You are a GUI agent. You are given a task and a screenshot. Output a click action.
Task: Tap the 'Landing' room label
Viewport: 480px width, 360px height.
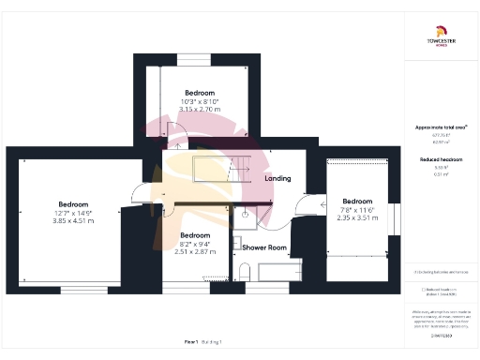pyautogui.click(x=277, y=178)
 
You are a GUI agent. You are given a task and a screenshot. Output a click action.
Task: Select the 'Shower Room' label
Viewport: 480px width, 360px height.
pyautogui.click(x=263, y=247)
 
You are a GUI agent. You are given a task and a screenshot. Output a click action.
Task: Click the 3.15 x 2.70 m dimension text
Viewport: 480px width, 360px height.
pyautogui.click(x=201, y=110)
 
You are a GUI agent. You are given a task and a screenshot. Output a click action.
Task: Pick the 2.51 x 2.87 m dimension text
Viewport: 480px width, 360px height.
pyautogui.click(x=195, y=252)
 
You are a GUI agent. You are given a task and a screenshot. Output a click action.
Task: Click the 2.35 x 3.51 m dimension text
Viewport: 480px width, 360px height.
pyautogui.click(x=357, y=217)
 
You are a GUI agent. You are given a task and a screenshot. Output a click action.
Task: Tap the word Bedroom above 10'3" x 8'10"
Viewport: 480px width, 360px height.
pyautogui.click(x=201, y=93)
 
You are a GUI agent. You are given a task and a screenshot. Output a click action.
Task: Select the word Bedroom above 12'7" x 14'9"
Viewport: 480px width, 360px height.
pyautogui.click(x=74, y=204)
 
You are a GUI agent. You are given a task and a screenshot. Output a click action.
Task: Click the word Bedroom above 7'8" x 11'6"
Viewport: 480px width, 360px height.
pyautogui.click(x=357, y=201)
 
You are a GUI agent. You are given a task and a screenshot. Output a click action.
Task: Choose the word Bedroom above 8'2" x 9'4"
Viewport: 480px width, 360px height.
pyautogui.click(x=195, y=235)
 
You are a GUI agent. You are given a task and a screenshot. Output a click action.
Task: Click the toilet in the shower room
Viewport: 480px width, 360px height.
pyautogui.click(x=243, y=272)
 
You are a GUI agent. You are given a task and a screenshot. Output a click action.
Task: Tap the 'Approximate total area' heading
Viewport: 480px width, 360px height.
pyautogui.click(x=441, y=127)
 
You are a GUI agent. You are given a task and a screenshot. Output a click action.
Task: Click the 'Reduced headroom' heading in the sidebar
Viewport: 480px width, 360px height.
pyautogui.click(x=441, y=160)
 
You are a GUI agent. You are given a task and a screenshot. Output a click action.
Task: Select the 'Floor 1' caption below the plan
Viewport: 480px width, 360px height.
pyautogui.click(x=191, y=343)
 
